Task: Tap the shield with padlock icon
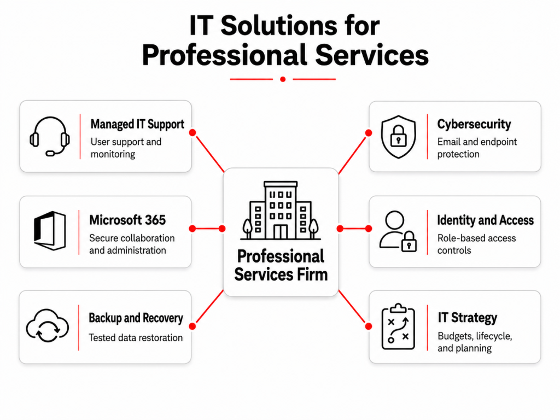tap(398, 136)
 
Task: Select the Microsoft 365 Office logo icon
tap(50, 231)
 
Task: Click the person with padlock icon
tap(398, 231)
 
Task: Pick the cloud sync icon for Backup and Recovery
tap(48, 326)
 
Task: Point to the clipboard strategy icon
tap(398, 326)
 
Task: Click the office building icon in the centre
tap(281, 211)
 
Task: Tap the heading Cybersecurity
tap(474, 124)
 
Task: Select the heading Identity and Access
tap(486, 220)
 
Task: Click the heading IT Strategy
tap(467, 318)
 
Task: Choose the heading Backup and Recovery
tap(136, 318)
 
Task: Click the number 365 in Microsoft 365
tap(155, 220)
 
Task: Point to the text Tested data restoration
tap(136, 337)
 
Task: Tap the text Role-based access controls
tap(476, 244)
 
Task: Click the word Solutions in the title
tap(278, 25)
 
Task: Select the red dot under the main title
tap(283, 79)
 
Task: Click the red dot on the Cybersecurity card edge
tap(369, 133)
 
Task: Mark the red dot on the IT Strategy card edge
tap(369, 326)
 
